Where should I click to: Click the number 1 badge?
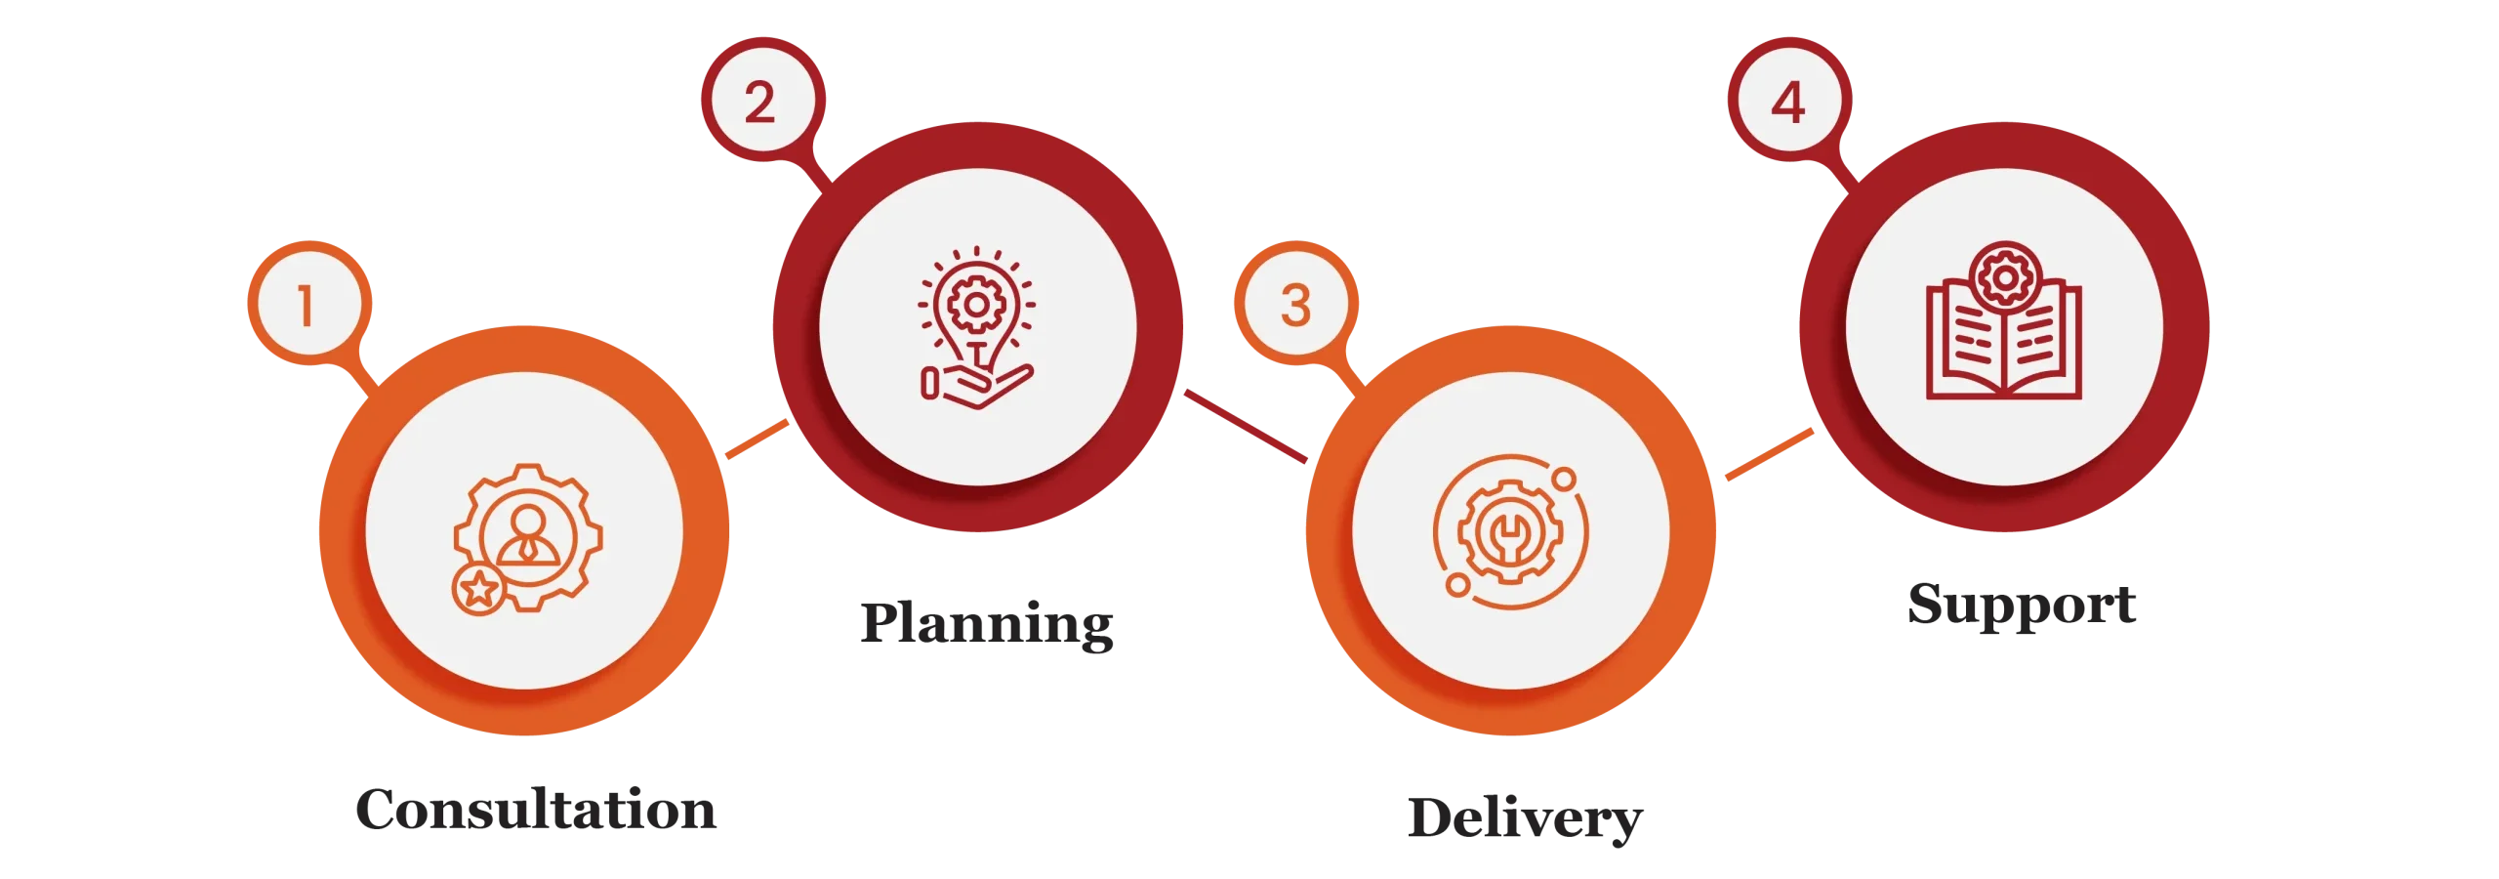[x=309, y=303]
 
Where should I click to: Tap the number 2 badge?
[x=762, y=100]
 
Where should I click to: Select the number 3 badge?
[x=1295, y=303]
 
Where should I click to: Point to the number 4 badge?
[x=1789, y=100]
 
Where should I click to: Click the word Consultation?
[x=536, y=810]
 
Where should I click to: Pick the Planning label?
[x=987, y=625]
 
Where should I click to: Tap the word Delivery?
[x=1526, y=818]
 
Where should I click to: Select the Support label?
[x=2022, y=605]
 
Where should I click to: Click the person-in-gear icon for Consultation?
[x=527, y=538]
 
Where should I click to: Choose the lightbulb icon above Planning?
[x=976, y=327]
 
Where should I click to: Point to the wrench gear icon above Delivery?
[x=1510, y=532]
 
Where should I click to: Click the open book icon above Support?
[x=2004, y=320]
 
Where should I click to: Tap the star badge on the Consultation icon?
[x=478, y=589]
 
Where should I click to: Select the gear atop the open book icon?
[x=2005, y=277]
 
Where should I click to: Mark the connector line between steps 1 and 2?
[x=758, y=439]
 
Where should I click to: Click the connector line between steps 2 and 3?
[x=1246, y=426]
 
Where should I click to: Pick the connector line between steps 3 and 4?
[x=1770, y=454]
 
